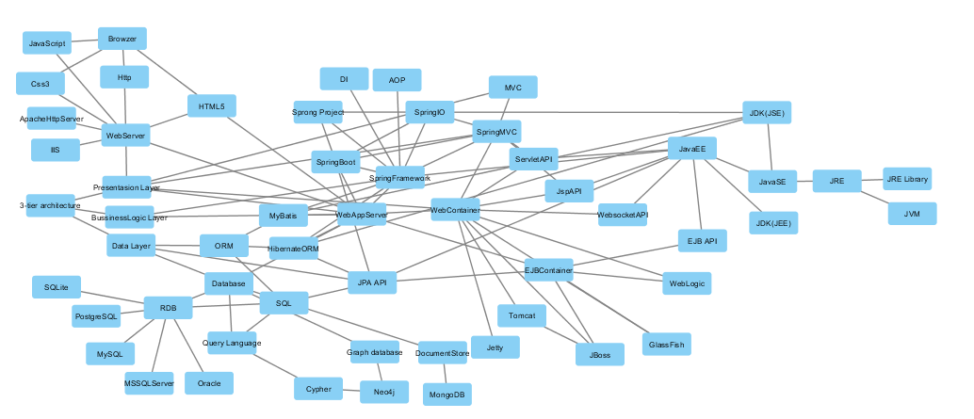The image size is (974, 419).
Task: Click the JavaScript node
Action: click(47, 43)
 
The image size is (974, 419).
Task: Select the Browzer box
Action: click(122, 39)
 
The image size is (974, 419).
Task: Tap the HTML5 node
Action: click(212, 106)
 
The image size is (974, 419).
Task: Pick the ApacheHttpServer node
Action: click(52, 119)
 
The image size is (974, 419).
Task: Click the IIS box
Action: click(55, 150)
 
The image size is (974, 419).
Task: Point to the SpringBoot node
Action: click(336, 162)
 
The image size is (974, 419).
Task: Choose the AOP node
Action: click(398, 80)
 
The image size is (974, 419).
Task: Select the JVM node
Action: click(912, 214)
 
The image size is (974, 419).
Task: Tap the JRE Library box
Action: click(906, 179)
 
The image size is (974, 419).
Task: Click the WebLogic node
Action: click(686, 282)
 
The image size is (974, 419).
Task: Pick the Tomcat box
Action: click(521, 315)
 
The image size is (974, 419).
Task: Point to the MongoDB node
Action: click(446, 395)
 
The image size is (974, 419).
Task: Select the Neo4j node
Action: click(384, 391)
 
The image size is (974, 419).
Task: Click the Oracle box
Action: click(208, 383)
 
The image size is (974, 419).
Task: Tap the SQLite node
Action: click(57, 285)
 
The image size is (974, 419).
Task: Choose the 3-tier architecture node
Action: click(50, 205)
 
